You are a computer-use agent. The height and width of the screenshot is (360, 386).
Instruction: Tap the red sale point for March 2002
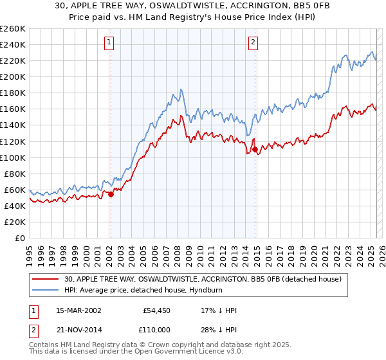click(111, 194)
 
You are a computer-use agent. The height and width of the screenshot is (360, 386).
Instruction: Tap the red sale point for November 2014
click(255, 149)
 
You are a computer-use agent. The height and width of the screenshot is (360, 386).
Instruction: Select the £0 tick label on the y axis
click(21, 238)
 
